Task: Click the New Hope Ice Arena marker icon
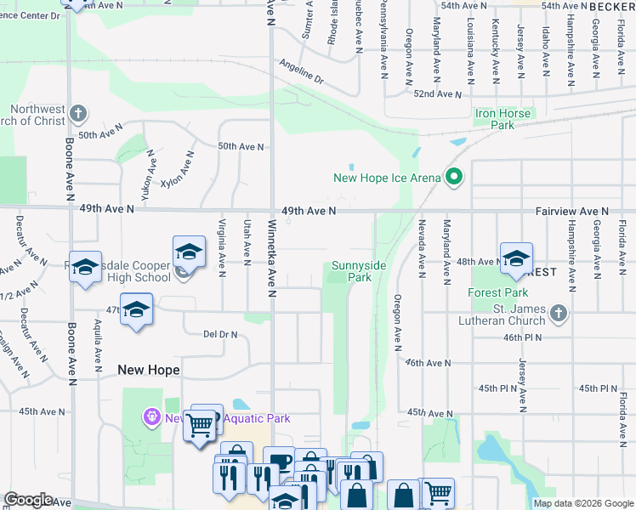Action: coord(454,178)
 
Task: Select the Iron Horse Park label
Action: coord(503,119)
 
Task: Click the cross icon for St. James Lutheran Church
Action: coord(558,314)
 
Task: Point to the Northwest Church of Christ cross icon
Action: coord(77,113)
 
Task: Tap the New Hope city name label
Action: coord(149,370)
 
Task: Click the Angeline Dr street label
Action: coord(302,72)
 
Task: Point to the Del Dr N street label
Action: coord(219,334)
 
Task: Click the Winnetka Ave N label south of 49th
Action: coord(272,258)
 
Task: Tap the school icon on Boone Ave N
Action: coord(85,267)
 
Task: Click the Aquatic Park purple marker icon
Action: coord(151,417)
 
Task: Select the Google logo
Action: coord(29,500)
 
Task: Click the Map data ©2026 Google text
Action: coord(583,503)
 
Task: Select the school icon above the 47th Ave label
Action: coord(136,309)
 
